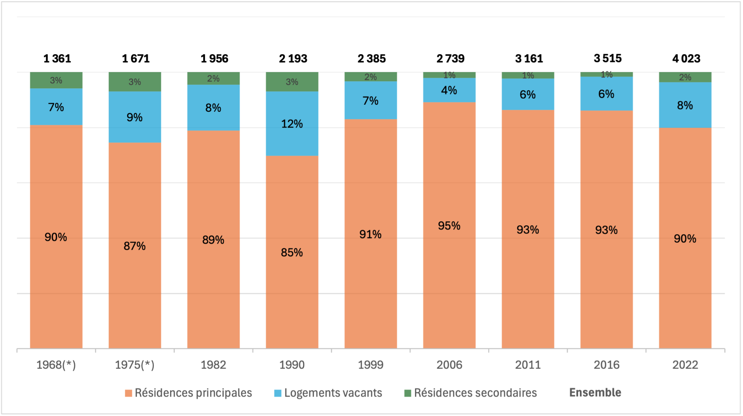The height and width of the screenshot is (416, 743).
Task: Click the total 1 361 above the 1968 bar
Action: pyautogui.click(x=57, y=59)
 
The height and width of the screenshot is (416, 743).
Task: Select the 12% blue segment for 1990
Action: pyautogui.click(x=292, y=124)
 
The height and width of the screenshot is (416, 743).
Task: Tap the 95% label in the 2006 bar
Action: pyautogui.click(x=449, y=226)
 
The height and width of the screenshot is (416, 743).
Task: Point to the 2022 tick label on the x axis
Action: pyautogui.click(x=685, y=365)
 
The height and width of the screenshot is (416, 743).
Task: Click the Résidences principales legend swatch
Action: pyautogui.click(x=129, y=393)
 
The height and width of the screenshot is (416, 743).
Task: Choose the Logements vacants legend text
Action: pyautogui.click(x=333, y=393)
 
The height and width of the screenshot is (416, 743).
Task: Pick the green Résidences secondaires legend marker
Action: pyautogui.click(x=408, y=393)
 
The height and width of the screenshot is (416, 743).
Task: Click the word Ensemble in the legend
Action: pyautogui.click(x=595, y=392)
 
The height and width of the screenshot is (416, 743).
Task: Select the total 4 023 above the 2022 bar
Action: pyautogui.click(x=686, y=59)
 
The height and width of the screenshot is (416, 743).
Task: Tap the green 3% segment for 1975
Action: pyautogui.click(x=135, y=82)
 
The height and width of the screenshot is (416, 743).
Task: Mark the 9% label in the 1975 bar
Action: pyautogui.click(x=134, y=117)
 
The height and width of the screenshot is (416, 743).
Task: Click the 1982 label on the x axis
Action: pyautogui.click(x=213, y=365)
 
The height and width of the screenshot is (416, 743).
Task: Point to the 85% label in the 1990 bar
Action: pyautogui.click(x=292, y=252)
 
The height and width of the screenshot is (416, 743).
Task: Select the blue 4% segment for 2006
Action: pyautogui.click(x=449, y=90)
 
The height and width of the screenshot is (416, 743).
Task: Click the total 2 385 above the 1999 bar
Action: pyautogui.click(x=371, y=59)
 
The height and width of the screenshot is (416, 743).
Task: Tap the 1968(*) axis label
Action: pyautogui.click(x=56, y=365)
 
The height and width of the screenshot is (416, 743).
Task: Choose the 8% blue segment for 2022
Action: pyautogui.click(x=685, y=105)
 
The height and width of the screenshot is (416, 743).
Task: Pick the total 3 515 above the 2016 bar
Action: pyautogui.click(x=607, y=58)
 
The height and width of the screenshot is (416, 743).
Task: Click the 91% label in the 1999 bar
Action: pyautogui.click(x=370, y=234)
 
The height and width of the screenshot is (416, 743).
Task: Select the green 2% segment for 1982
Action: pyautogui.click(x=213, y=78)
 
